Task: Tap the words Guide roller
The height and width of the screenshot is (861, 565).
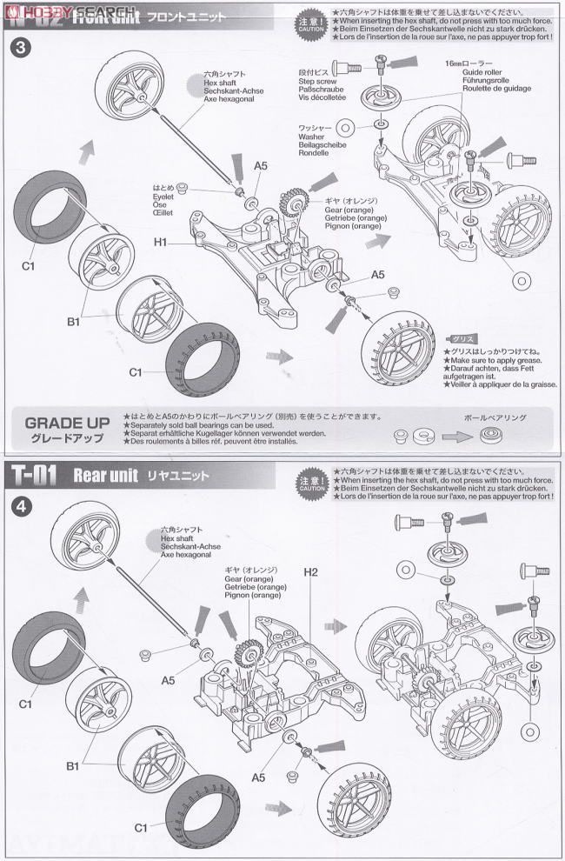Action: tap(469, 74)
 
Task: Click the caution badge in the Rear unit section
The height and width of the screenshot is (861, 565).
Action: tap(311, 482)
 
